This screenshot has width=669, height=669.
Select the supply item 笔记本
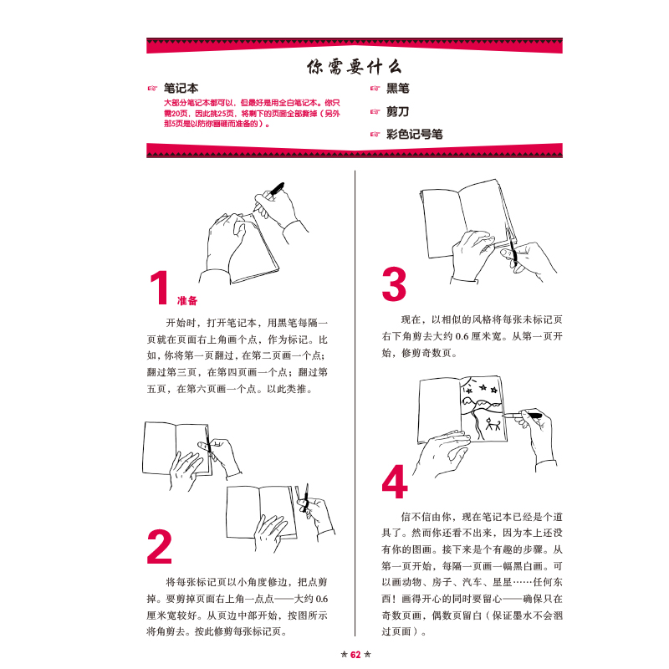181,86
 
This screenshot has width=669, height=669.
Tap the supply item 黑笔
397,88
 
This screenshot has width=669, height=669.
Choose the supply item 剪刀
397,110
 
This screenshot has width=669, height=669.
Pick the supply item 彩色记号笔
414,134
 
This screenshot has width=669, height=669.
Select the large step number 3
393,285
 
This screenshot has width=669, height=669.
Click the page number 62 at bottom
355,655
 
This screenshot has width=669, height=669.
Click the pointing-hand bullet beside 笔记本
152,87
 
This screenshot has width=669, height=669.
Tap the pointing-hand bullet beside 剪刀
375,111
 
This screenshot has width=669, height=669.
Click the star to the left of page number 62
344,655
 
